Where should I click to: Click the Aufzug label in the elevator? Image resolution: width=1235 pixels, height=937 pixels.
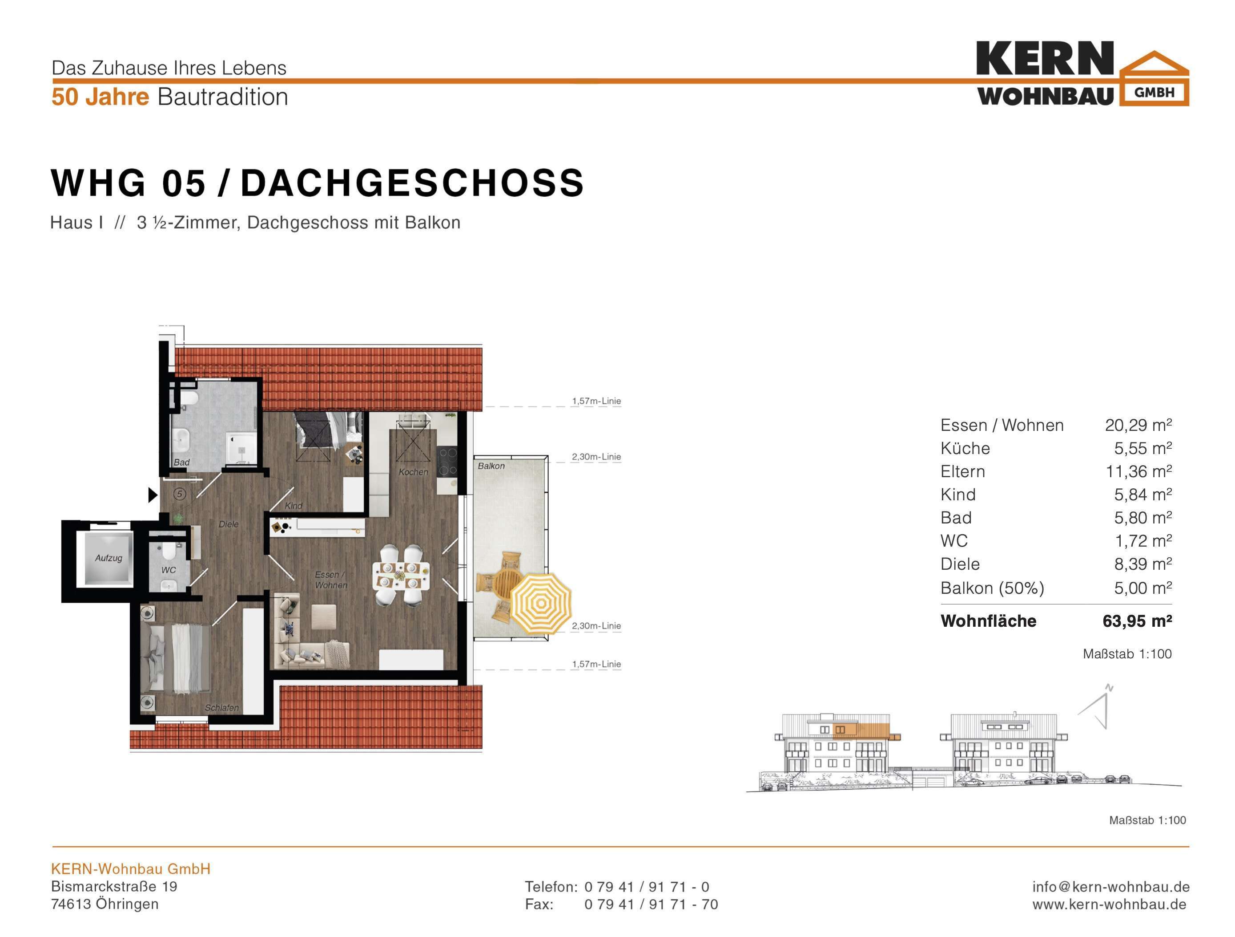tap(109, 558)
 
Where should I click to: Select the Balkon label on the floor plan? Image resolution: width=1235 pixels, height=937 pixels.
tap(491, 466)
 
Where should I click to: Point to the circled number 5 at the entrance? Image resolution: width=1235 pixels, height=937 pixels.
tap(180, 494)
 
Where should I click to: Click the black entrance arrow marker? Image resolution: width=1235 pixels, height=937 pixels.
tap(153, 495)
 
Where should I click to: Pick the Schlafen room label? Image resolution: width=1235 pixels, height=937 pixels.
tap(221, 707)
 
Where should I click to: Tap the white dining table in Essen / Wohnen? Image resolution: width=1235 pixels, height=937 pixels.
tap(401, 575)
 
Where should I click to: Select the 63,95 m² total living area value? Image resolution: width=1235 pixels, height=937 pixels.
tap(1137, 621)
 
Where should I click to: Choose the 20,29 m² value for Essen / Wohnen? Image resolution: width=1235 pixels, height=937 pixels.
tap(1138, 425)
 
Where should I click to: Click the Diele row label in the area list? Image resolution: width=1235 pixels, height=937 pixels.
tap(960, 564)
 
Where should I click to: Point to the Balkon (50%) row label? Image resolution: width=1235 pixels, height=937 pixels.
tap(992, 588)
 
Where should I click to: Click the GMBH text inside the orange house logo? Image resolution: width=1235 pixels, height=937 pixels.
tap(1155, 92)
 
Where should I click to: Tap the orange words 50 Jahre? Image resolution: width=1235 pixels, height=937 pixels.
tap(101, 97)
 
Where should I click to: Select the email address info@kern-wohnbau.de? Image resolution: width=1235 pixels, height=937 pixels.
tap(1110, 886)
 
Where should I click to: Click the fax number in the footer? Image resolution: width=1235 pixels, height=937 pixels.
tap(651, 904)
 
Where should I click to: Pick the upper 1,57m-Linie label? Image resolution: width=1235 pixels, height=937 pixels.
tap(596, 401)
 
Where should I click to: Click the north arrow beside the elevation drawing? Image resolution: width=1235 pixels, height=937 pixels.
tap(1095, 707)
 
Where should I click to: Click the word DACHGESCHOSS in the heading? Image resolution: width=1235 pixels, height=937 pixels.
tap(412, 183)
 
